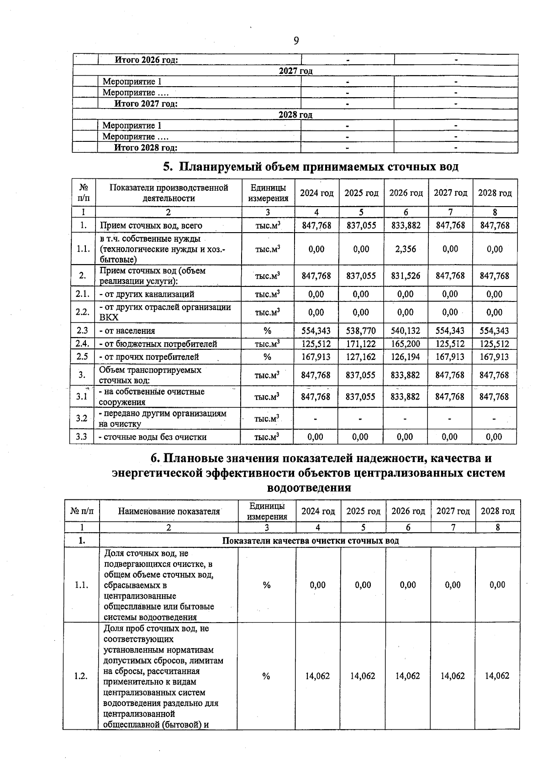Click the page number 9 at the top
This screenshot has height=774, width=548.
(296, 41)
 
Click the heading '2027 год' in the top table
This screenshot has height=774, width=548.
(295, 71)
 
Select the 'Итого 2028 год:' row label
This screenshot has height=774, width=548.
(146, 147)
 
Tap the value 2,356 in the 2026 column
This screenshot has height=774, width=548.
(406, 249)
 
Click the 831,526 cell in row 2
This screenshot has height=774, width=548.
(406, 276)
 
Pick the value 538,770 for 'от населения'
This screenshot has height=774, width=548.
(361, 331)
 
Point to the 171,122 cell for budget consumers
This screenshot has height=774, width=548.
(361, 344)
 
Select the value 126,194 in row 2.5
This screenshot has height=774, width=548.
(406, 357)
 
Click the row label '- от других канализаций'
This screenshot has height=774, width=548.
(147, 294)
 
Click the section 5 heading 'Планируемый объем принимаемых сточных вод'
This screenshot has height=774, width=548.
(311, 167)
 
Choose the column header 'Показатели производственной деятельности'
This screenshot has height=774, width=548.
(169, 193)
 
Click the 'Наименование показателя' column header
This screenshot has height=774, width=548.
(169, 511)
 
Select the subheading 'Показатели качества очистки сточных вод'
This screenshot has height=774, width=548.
(311, 541)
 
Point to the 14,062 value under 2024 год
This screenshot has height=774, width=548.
(317, 676)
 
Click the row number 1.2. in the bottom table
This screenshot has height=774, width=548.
(81, 676)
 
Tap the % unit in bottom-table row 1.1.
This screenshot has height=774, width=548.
(267, 585)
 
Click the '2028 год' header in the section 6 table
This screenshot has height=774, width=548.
(497, 511)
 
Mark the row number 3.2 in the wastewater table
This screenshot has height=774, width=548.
(82, 418)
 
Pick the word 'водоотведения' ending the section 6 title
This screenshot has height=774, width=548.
(309, 488)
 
